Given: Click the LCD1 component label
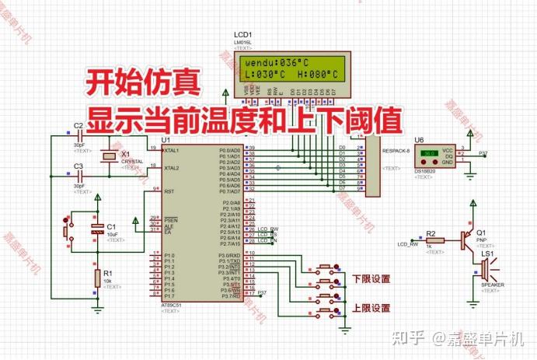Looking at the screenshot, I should point(242,35).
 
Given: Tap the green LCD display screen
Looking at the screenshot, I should point(291,68).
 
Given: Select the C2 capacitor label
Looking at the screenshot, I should point(78,125).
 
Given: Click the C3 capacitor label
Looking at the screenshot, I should point(78,166).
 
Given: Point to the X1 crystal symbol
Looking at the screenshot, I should point(107,158).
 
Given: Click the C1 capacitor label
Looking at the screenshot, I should point(111,226).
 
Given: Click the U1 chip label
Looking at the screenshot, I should point(166,141).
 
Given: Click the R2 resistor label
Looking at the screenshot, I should point(431,233).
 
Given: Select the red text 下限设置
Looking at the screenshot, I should point(371,278).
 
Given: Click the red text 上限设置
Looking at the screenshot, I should point(371,308).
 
